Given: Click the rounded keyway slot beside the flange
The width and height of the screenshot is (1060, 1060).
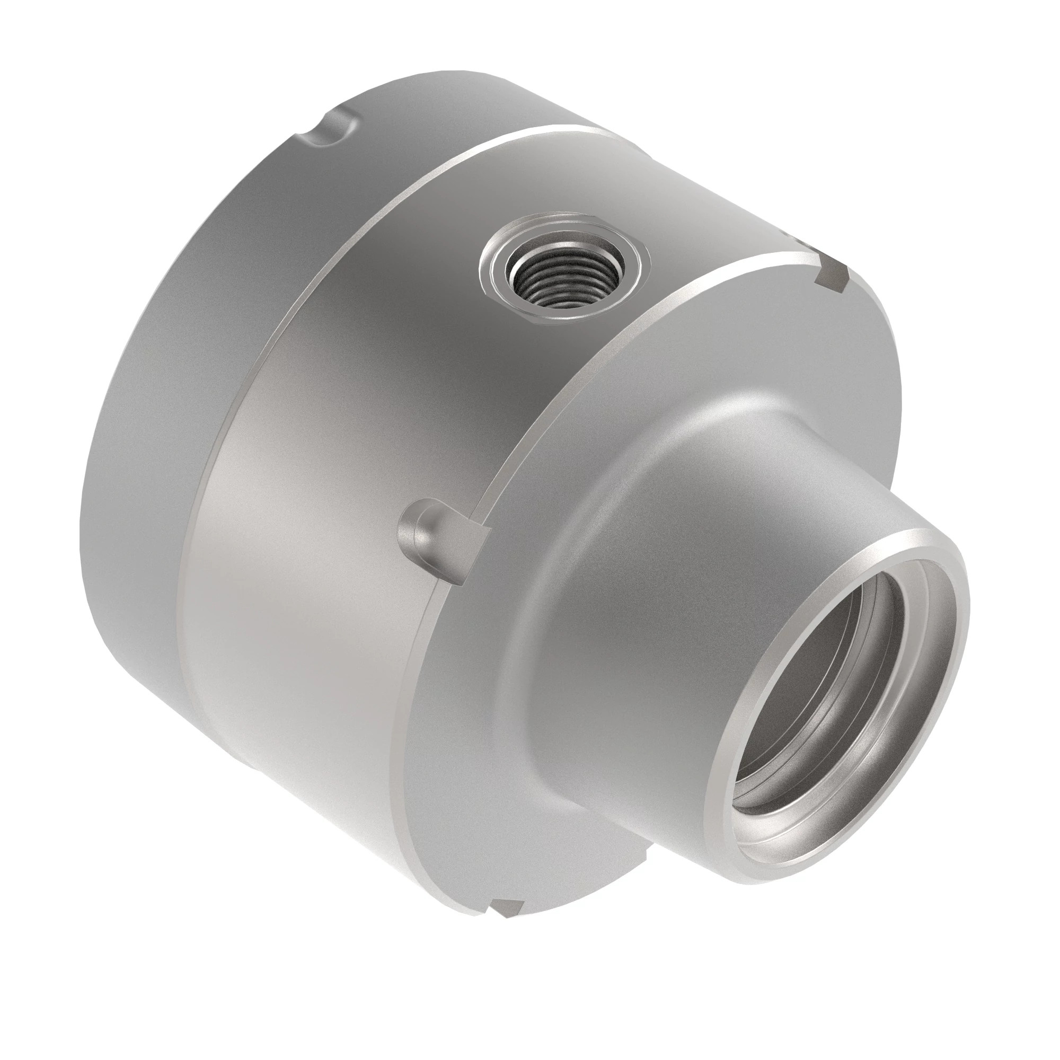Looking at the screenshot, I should [434, 541].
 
